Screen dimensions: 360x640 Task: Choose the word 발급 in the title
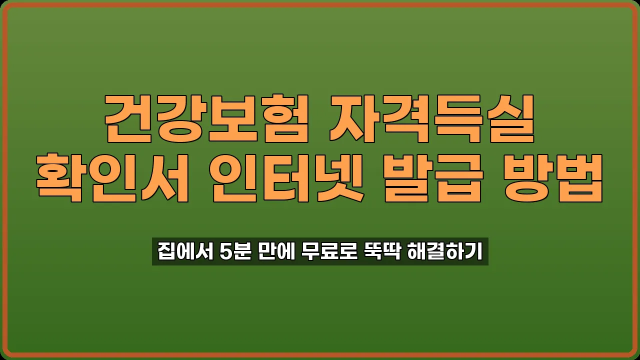(x=434, y=177)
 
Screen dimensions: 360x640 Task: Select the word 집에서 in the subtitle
(x=185, y=251)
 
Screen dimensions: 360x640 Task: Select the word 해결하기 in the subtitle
(x=445, y=251)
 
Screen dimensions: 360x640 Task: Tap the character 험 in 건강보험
(x=282, y=118)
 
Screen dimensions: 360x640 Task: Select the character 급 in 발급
(x=460, y=177)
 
